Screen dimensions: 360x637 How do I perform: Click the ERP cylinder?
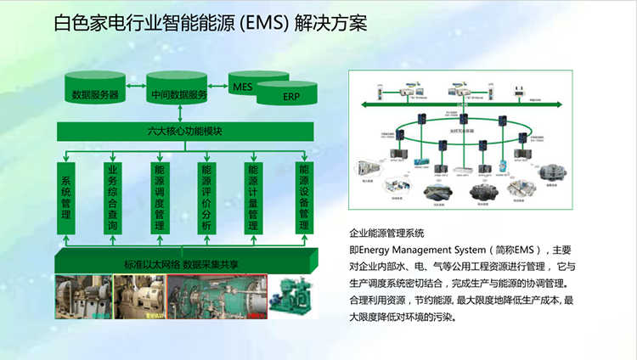[x=290, y=97]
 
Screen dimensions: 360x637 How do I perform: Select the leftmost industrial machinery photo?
[x=83, y=294]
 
